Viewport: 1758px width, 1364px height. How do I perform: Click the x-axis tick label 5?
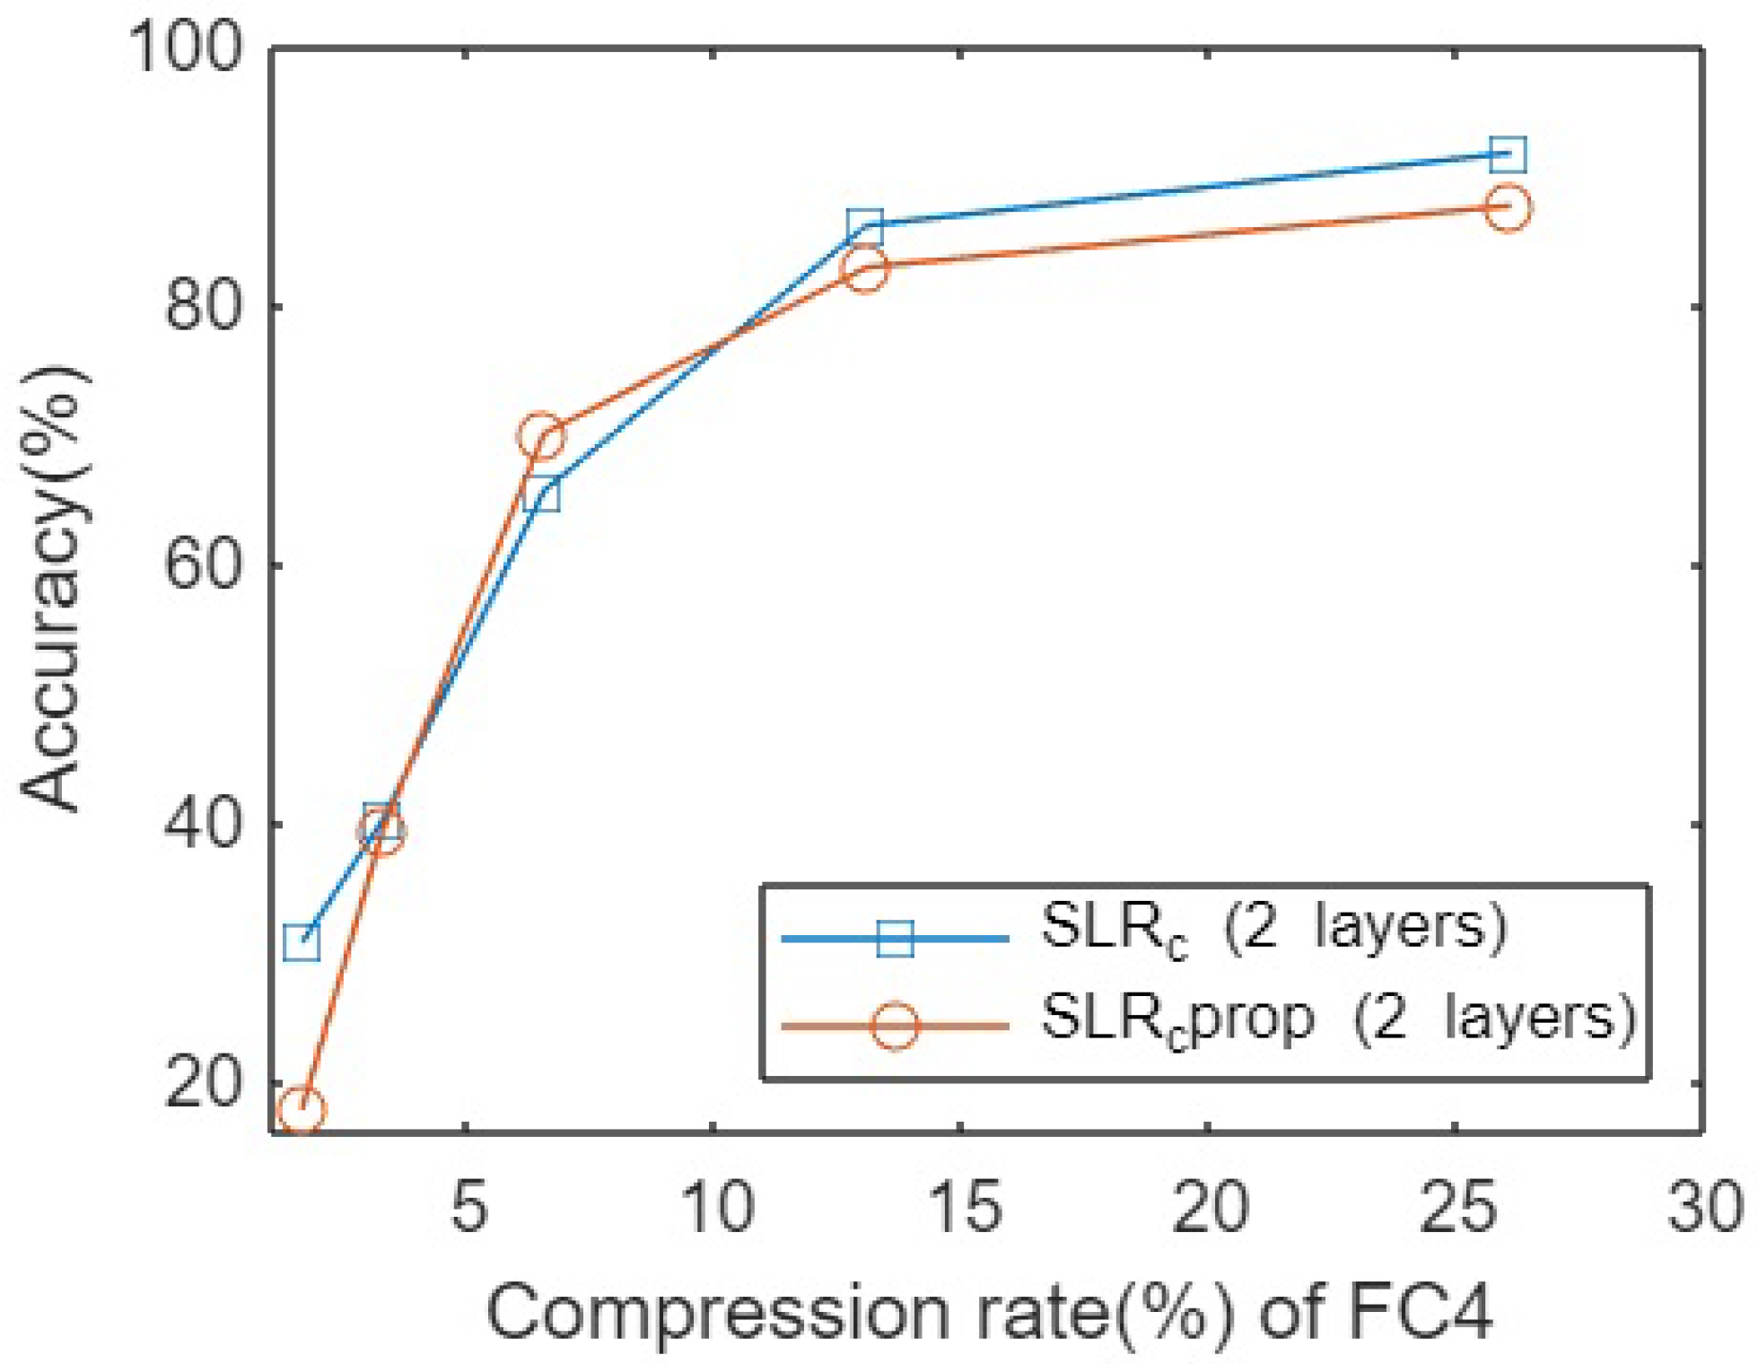tap(468, 1207)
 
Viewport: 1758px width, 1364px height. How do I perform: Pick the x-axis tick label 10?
tap(717, 1207)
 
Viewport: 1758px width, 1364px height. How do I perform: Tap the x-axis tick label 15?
tap(965, 1207)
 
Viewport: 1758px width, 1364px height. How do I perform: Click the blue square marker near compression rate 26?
tap(1508, 154)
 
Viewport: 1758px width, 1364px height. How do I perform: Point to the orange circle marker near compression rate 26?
tap(1508, 207)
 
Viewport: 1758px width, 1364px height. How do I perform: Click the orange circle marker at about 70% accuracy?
tap(540, 437)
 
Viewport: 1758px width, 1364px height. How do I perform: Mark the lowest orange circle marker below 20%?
tap(302, 1110)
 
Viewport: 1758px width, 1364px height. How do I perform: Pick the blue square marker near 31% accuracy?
tap(302, 942)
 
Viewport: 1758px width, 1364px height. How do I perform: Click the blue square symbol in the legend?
tap(895, 939)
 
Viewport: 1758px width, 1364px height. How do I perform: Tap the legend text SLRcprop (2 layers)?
tap(1337, 1019)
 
